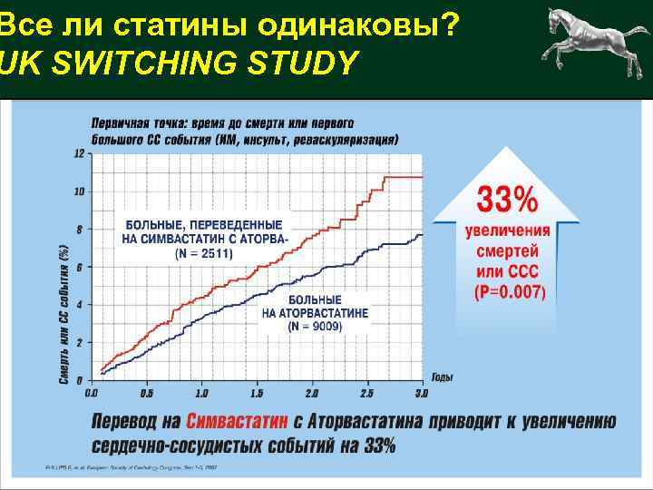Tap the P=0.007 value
click(510, 292)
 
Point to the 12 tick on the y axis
click(79, 153)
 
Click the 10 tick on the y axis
click(79, 191)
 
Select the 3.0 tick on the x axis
click(421, 394)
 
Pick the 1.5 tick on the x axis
click(256, 394)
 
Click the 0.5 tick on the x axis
click(145, 394)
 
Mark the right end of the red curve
click(423, 177)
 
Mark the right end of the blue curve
click(423, 234)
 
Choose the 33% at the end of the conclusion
click(376, 446)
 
